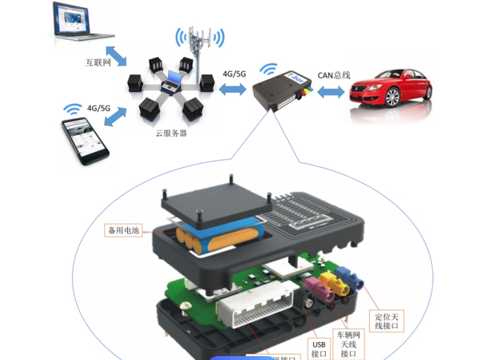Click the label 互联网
click(x=98, y=62)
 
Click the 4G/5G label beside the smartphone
click(x=98, y=108)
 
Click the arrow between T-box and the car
click(x=331, y=93)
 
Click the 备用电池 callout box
click(x=125, y=230)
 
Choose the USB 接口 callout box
click(x=318, y=349)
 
